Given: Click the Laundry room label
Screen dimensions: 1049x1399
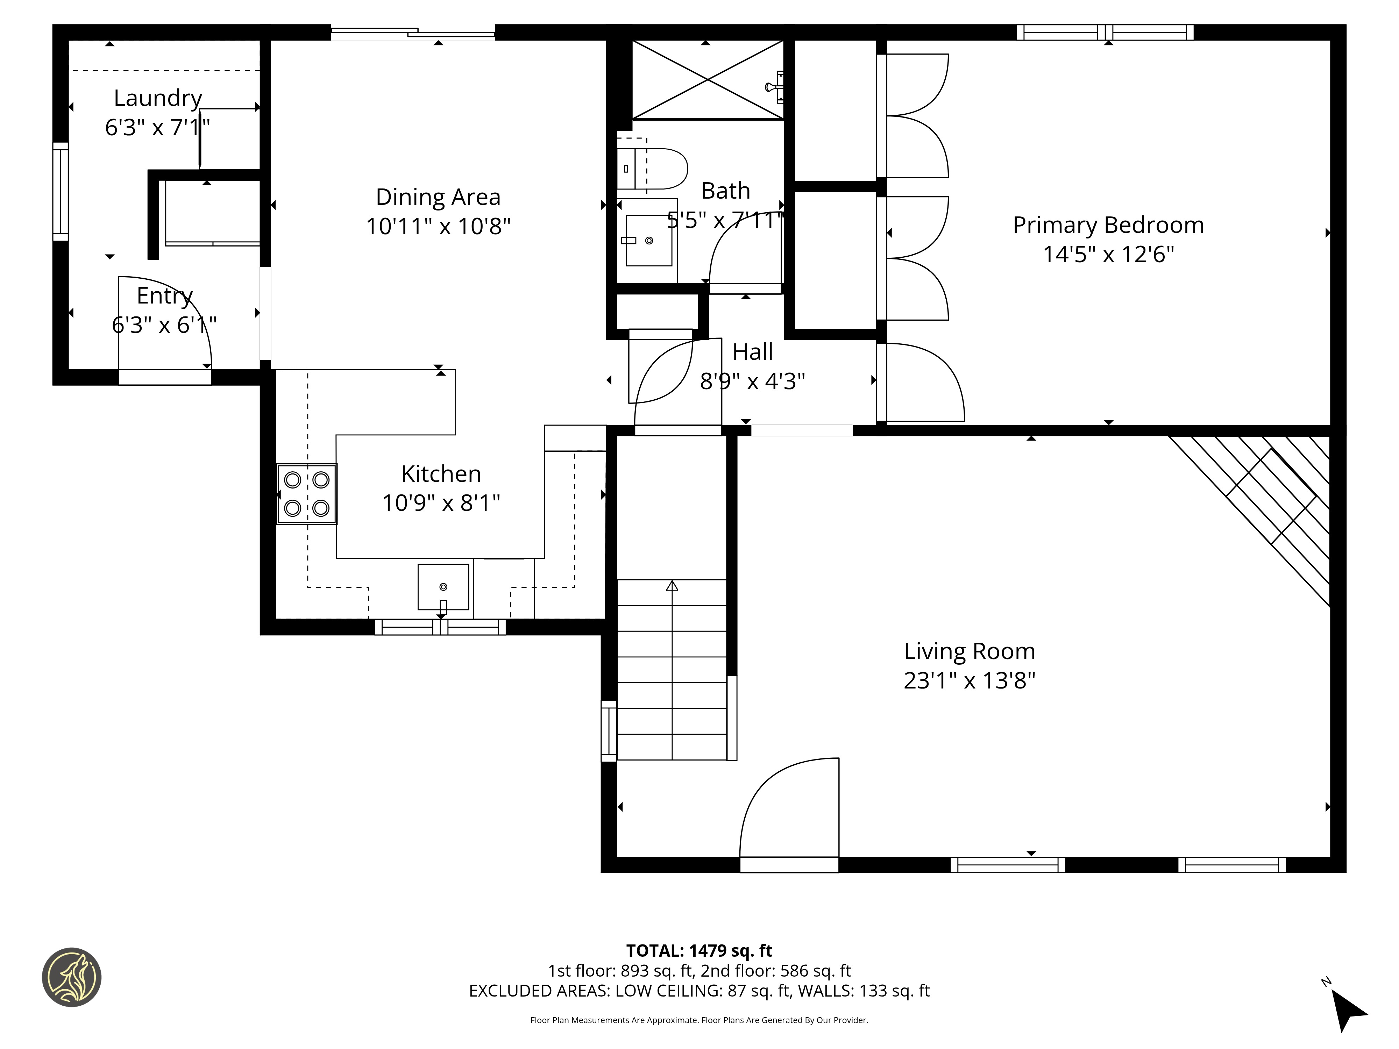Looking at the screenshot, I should coord(158,98).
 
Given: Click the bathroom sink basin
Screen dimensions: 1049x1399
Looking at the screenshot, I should coord(648,240).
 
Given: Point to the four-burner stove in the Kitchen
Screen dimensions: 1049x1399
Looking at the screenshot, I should coord(307,494).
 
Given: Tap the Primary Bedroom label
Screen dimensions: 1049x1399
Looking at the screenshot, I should coord(1108,225).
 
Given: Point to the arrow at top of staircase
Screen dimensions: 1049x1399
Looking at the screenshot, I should coord(672,586).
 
